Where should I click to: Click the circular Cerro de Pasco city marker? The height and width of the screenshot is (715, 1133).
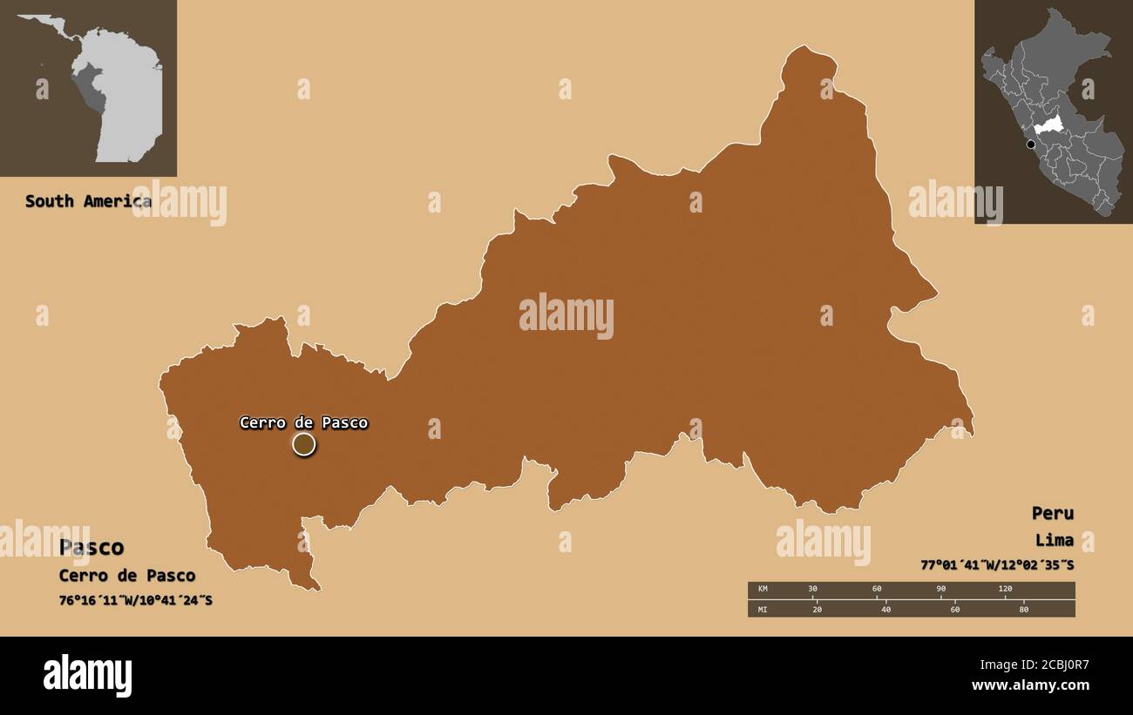tap(303, 445)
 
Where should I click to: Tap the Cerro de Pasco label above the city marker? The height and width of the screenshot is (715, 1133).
tap(303, 423)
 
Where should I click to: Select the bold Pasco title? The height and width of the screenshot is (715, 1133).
tap(92, 548)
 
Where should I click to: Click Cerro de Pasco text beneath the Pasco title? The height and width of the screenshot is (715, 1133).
tap(127, 576)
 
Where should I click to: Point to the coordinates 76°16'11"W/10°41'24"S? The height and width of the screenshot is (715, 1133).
tap(135, 601)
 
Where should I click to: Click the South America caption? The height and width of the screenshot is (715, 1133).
tap(88, 201)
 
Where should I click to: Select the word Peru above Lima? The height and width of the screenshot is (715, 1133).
tap(1052, 513)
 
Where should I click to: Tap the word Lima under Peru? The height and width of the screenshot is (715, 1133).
tap(1055, 540)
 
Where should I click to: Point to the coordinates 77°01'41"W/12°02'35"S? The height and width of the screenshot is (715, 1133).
tap(997, 565)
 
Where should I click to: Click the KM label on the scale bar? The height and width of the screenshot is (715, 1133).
tap(763, 590)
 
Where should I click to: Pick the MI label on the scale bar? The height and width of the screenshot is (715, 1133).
tap(763, 609)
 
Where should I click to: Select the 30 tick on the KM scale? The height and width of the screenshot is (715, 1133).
tap(812, 590)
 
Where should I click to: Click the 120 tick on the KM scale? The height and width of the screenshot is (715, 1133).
tap(1005, 590)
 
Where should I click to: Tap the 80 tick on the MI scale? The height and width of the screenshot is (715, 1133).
tap(1023, 609)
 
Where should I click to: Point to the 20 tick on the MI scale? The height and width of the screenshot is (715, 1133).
tap(817, 609)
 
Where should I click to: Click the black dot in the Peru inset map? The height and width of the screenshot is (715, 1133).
tap(1031, 145)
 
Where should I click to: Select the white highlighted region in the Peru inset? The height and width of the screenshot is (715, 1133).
tap(1049, 125)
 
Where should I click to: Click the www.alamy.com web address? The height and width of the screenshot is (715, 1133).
tap(1030, 685)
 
